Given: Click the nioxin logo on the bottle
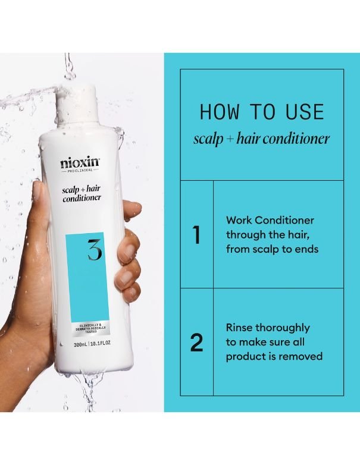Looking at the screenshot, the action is coord(80,163).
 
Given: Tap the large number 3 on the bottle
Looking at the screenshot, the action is coord(95,250).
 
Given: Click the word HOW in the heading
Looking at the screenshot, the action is coord(219,112).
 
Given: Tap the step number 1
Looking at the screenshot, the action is coord(196,235).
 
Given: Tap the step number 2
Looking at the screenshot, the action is coord(197,343).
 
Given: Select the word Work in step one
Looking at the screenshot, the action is coord(239,220).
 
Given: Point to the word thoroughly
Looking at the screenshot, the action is coord(283,328).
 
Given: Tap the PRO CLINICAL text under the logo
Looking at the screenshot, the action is coord(80,170).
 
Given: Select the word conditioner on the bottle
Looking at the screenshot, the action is coord(82,198).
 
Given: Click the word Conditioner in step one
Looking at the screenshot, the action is coord(284,220).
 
